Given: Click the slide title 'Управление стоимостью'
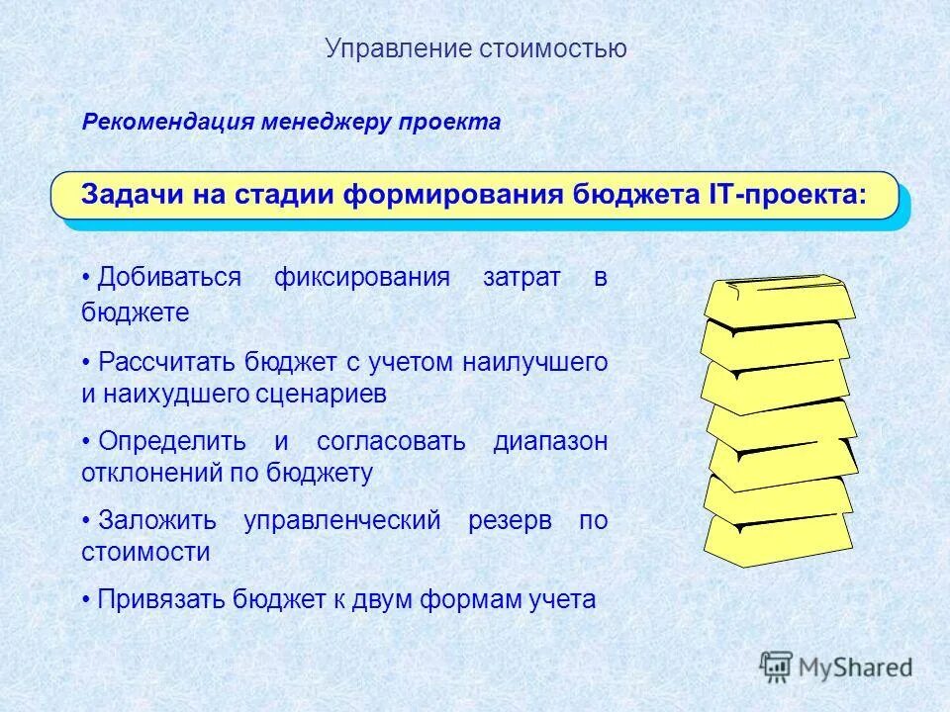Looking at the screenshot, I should [x=475, y=48].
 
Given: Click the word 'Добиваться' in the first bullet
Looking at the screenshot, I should [x=169, y=278].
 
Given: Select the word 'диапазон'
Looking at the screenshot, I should [x=550, y=442].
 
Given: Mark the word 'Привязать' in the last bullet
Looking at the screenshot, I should [x=162, y=599].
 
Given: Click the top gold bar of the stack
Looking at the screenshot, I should [x=780, y=299].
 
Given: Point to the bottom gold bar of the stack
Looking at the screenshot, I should [x=778, y=538].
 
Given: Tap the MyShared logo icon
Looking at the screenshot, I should [x=777, y=667].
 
